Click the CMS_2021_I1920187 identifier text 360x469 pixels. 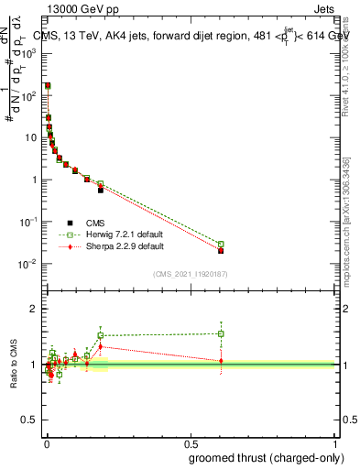click(x=191, y=274)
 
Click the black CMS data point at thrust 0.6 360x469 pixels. click(x=221, y=250)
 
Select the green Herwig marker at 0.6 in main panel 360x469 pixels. click(x=221, y=245)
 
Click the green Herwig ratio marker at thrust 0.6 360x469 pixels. click(x=221, y=333)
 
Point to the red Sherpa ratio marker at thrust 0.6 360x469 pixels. click(x=221, y=361)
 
